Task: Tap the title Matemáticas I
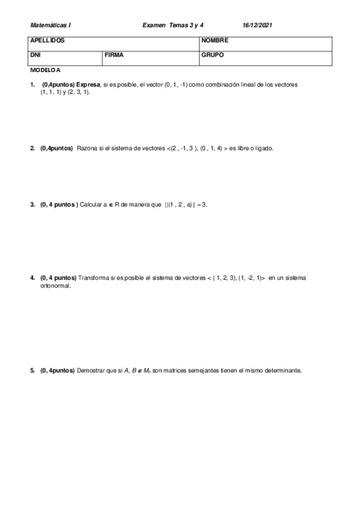tap(50, 26)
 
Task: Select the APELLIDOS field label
tap(47, 41)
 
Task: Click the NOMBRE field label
tap(215, 41)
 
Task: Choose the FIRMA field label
tap(114, 55)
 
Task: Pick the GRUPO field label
tap(213, 55)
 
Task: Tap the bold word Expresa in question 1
tap(88, 85)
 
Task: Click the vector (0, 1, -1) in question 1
tap(175, 85)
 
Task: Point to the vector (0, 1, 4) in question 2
tap(212, 148)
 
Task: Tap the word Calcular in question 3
tap(92, 204)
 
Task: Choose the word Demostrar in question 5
tap(91, 370)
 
